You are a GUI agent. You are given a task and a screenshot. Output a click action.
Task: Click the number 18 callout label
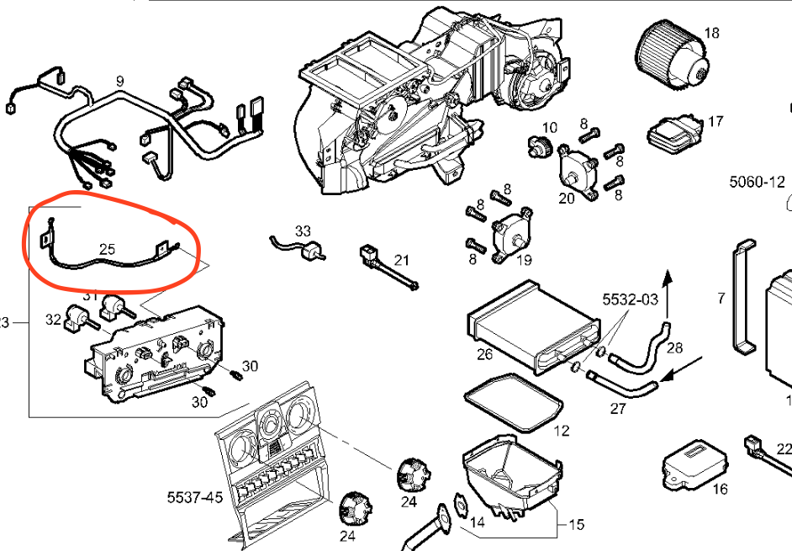[711, 34]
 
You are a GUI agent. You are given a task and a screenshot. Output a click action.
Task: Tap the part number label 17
[715, 122]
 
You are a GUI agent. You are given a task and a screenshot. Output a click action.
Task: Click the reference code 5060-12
[756, 181]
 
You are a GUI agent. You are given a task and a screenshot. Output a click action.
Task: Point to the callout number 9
[120, 81]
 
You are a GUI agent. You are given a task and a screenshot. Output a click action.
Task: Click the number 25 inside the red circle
[108, 249]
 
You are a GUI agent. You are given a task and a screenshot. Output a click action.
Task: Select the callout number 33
[303, 230]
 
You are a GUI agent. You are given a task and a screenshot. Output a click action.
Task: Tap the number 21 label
[402, 258]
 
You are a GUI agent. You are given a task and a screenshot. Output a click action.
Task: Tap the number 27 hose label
[618, 410]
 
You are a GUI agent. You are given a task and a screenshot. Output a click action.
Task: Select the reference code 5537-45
[195, 497]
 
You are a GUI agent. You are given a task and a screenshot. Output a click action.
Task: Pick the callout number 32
[53, 320]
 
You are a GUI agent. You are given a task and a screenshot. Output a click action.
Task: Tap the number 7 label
[721, 298]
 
